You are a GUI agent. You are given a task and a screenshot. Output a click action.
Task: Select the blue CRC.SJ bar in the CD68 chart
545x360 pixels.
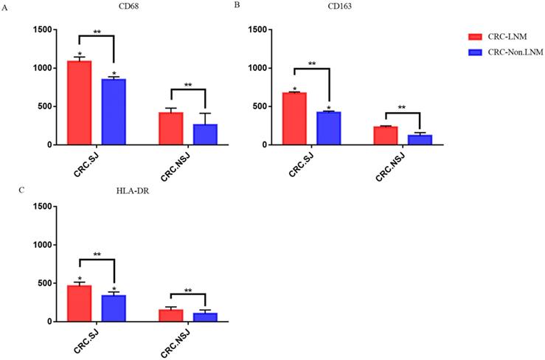[114, 111]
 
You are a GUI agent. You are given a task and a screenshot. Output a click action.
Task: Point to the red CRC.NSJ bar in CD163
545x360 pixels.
[386, 136]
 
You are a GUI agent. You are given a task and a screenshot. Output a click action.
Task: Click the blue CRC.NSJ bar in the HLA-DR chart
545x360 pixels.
[205, 317]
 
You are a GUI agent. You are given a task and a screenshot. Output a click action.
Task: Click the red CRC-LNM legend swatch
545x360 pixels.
[476, 36]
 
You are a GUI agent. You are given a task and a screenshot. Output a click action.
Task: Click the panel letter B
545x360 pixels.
[237, 5]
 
